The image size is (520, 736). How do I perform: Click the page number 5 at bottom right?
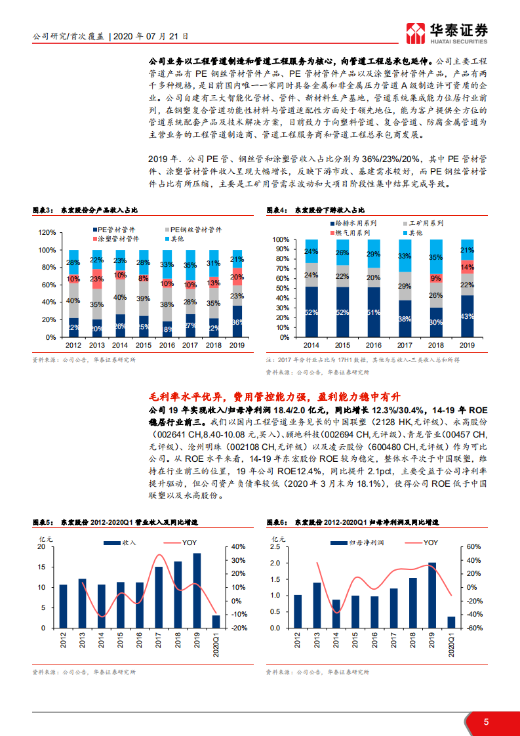[x=486, y=722]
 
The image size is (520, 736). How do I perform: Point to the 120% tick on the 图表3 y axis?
[x=47, y=233]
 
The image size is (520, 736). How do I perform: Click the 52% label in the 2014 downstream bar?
[x=311, y=312]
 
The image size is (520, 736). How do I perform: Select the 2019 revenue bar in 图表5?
[x=197, y=591]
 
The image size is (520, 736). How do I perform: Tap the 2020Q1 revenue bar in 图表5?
[x=216, y=622]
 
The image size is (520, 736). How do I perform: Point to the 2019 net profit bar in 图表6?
[x=431, y=596]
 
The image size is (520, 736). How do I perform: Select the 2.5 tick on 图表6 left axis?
[x=275, y=546]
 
